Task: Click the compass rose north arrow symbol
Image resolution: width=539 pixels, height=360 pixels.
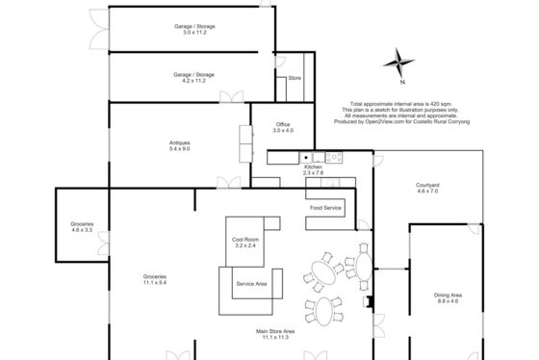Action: (x=398, y=63)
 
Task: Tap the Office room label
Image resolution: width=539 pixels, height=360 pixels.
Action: (x=283, y=124)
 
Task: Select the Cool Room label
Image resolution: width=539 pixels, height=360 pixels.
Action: (x=245, y=240)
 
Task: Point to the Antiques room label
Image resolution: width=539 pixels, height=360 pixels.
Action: (x=179, y=142)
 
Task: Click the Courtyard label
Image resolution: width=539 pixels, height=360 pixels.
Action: (x=427, y=185)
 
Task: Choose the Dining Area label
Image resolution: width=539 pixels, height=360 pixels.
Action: (x=448, y=295)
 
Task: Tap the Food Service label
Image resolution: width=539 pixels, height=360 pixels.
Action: (x=325, y=208)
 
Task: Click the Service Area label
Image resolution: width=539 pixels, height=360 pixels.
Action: (x=251, y=284)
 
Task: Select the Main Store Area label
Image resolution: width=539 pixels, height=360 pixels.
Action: (x=275, y=331)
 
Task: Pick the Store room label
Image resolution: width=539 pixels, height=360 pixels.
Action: (x=295, y=78)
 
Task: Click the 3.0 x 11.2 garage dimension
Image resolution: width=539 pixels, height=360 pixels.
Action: (x=194, y=33)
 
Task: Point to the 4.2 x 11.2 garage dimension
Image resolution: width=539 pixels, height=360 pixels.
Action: (x=193, y=81)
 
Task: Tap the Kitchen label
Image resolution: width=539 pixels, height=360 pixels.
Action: (x=313, y=167)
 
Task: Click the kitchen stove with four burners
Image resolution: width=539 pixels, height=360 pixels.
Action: (x=334, y=158)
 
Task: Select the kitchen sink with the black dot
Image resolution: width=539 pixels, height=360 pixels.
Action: (x=306, y=158)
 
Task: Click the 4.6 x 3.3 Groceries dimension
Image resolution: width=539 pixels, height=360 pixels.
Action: (x=82, y=230)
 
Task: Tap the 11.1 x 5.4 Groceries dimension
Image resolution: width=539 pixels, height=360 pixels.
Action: (x=155, y=282)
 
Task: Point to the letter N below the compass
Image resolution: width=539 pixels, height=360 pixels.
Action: (x=402, y=82)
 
